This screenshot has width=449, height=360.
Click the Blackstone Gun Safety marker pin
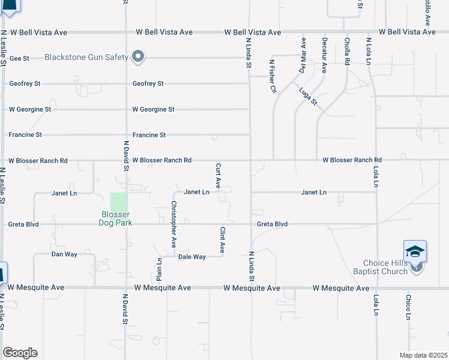[x=139, y=57]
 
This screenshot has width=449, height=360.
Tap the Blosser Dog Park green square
[x=119, y=202]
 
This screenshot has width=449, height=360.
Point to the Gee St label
[x=20, y=58]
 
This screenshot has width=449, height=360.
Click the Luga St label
[x=308, y=95]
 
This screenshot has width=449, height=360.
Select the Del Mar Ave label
[x=303, y=55]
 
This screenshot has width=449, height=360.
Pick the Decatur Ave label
[x=324, y=55]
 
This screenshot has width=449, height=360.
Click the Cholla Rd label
[x=347, y=52]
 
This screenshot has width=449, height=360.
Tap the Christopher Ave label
[x=173, y=216]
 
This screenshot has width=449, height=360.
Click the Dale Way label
[x=192, y=257]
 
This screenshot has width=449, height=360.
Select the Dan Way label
[x=64, y=254]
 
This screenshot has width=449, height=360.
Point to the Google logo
[x=20, y=353]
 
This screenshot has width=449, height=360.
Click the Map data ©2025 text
[x=424, y=355]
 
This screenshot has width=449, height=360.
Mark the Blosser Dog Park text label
[x=115, y=219]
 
